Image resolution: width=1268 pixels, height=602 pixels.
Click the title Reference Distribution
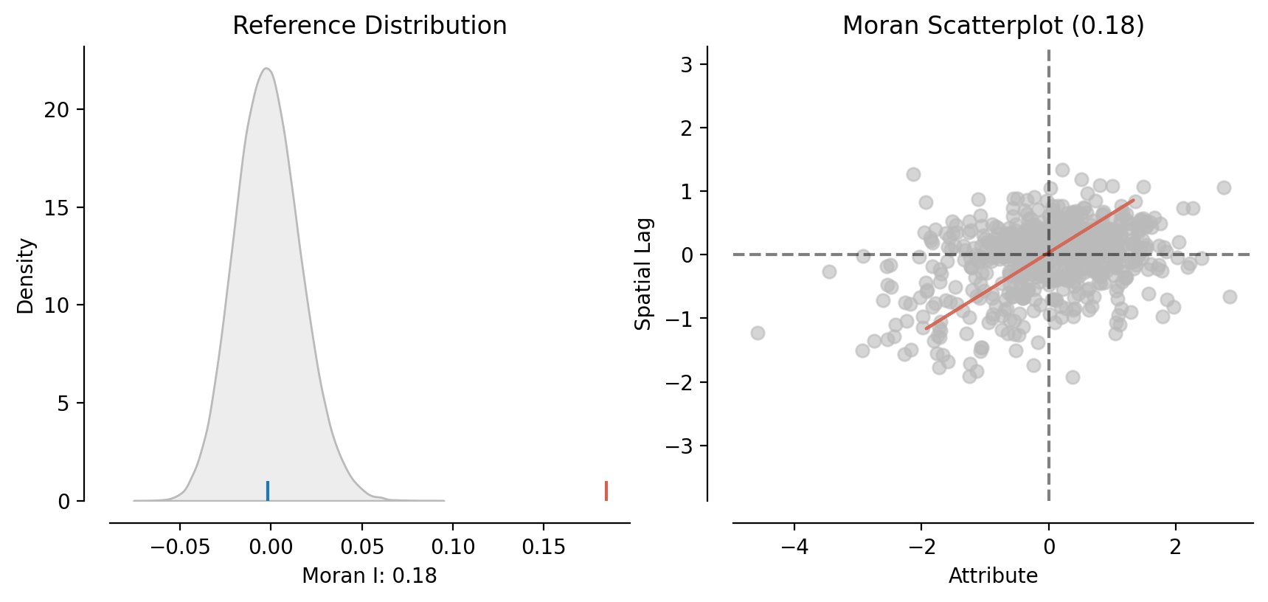(x=370, y=26)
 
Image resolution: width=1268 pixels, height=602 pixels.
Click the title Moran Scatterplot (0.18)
(x=993, y=26)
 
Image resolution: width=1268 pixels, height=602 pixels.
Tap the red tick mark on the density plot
(x=606, y=491)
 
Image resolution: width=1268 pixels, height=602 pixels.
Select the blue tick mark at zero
(x=268, y=491)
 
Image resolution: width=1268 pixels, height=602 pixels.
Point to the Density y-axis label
(x=26, y=276)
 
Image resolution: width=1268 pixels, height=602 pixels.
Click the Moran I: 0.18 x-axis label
(x=370, y=575)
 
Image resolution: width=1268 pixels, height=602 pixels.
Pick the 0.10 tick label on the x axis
(x=453, y=547)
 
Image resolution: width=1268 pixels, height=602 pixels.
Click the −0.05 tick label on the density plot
(x=180, y=547)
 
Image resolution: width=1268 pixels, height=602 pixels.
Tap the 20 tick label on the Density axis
(x=57, y=110)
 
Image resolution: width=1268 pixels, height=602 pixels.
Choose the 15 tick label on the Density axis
(x=57, y=208)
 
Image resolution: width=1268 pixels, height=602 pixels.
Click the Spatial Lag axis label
(x=643, y=274)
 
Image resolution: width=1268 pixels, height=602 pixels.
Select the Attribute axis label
(x=993, y=575)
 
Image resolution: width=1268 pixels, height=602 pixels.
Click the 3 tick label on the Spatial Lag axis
(x=687, y=64)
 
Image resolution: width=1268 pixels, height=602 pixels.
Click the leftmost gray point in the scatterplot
(x=758, y=333)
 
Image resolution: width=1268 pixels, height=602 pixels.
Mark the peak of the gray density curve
(x=266, y=69)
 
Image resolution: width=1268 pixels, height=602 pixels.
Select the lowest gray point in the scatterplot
(x=1073, y=377)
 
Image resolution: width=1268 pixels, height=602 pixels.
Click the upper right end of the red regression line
(x=1133, y=200)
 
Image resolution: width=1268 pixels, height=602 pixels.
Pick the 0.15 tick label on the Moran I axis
(x=544, y=547)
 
